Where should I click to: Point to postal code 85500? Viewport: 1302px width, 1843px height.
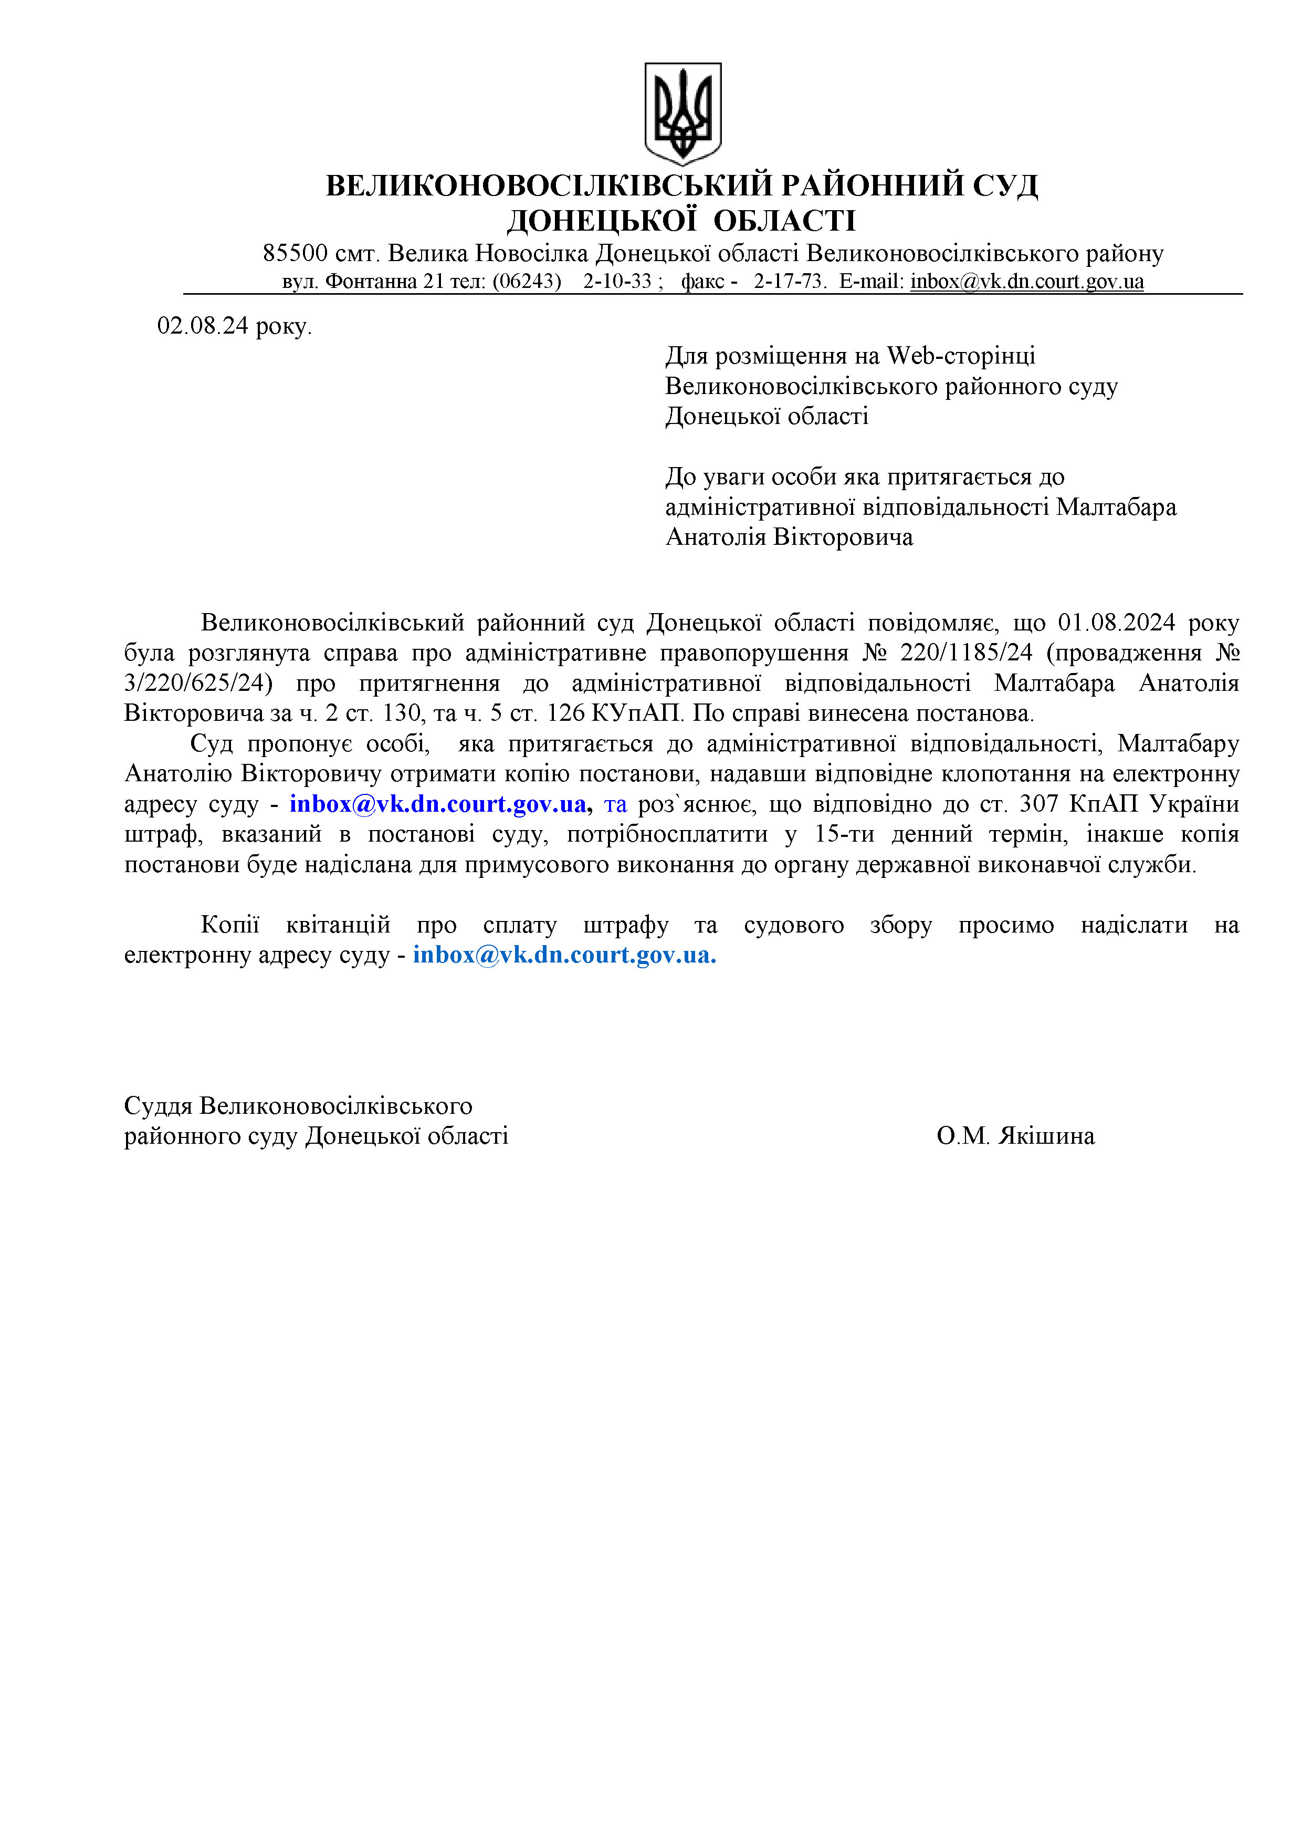click(295, 254)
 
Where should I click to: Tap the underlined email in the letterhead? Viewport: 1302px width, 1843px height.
click(1027, 282)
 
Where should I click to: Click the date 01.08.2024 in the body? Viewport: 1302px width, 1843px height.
click(1117, 623)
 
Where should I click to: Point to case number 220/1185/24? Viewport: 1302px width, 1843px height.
click(966, 653)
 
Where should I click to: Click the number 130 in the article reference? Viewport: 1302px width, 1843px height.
click(390, 713)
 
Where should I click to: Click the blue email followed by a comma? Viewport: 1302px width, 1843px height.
click(439, 804)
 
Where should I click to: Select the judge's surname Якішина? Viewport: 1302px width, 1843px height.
click(1046, 1136)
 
